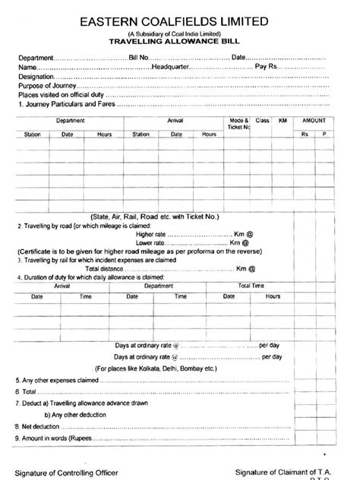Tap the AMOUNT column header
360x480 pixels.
point(315,121)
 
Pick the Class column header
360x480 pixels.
point(263,121)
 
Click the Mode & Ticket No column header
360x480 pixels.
point(238,124)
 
